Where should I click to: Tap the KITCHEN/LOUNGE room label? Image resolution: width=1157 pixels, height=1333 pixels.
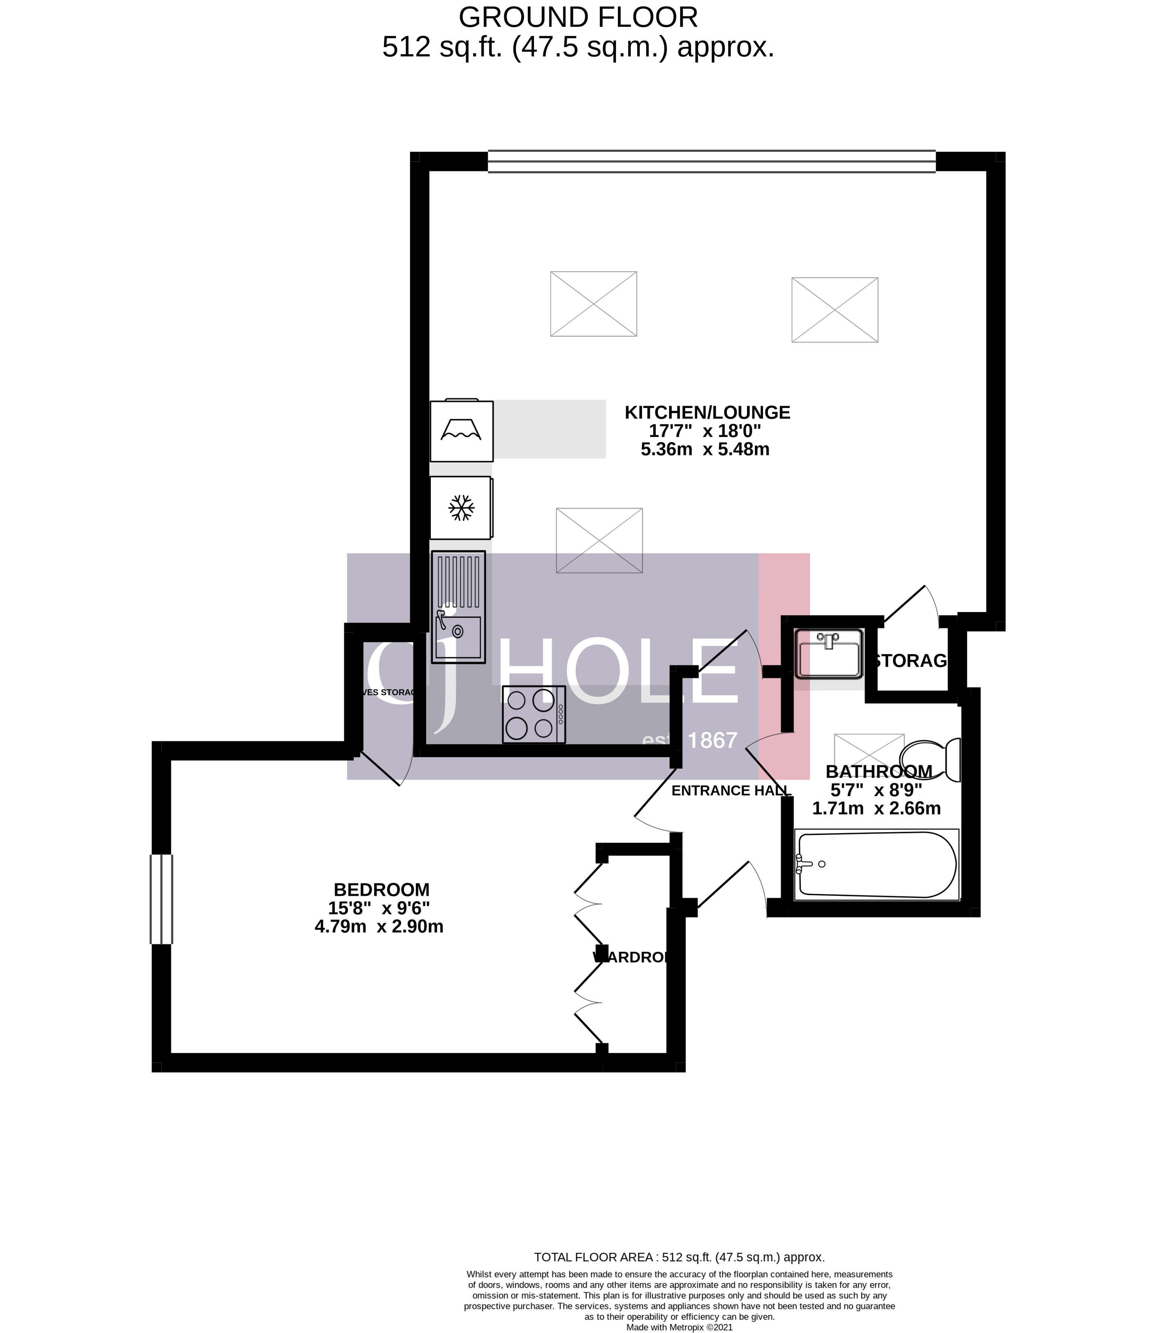(x=707, y=412)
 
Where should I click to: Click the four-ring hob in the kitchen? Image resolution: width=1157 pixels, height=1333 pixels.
(x=533, y=714)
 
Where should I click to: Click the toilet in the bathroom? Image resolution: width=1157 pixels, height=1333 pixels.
(x=930, y=760)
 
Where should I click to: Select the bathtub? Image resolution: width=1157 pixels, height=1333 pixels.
(x=876, y=865)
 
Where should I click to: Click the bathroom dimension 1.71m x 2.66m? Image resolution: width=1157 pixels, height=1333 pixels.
(x=876, y=808)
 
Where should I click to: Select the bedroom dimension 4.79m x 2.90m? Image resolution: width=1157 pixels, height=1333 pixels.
(x=379, y=927)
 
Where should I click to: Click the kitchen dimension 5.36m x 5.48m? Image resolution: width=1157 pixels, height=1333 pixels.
(x=705, y=450)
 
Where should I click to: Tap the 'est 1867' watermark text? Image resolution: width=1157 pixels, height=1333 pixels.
(x=690, y=740)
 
